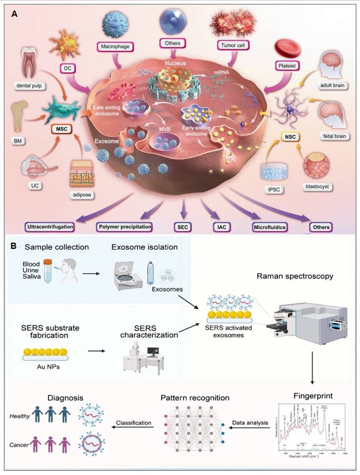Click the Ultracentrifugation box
pos(49,227)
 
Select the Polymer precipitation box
pos(123,228)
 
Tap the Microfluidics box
pos(269,228)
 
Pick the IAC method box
pos(220,228)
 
